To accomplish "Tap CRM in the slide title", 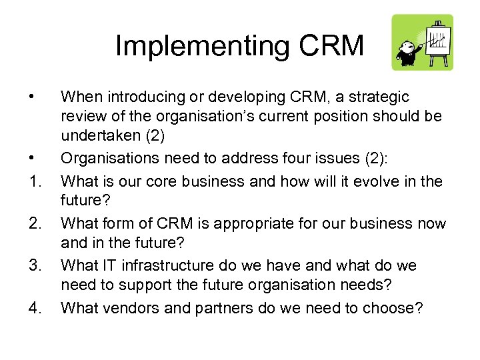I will point(331,46).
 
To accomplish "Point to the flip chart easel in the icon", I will point(437,41).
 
